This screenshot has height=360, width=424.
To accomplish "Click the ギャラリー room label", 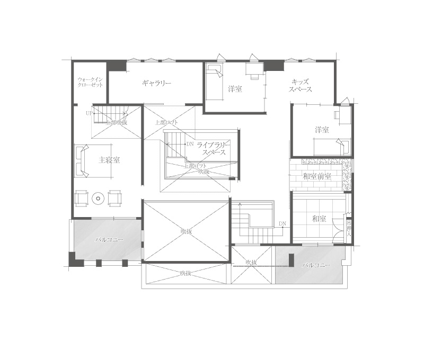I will pos(156,83).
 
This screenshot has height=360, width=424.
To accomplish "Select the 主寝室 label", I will pos(109,160).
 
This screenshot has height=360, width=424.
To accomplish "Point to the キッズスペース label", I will pos(300,86).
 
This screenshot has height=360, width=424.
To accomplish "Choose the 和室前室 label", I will pos(317,176).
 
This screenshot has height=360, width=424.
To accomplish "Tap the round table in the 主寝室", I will pos(98,199).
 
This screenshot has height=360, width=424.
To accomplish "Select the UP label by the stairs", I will pos(89,113).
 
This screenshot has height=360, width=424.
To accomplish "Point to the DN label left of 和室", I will pos(282,224).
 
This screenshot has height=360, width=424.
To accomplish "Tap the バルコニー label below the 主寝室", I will pos(109,240).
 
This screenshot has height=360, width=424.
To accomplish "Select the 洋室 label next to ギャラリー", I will pos(235,89).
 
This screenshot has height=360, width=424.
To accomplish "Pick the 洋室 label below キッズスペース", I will pos(321,130).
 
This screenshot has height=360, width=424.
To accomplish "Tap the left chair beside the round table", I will pos(81,198).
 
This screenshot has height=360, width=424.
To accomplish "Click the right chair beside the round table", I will pos(115,198).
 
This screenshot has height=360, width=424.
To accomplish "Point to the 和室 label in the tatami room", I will pos(319,218).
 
